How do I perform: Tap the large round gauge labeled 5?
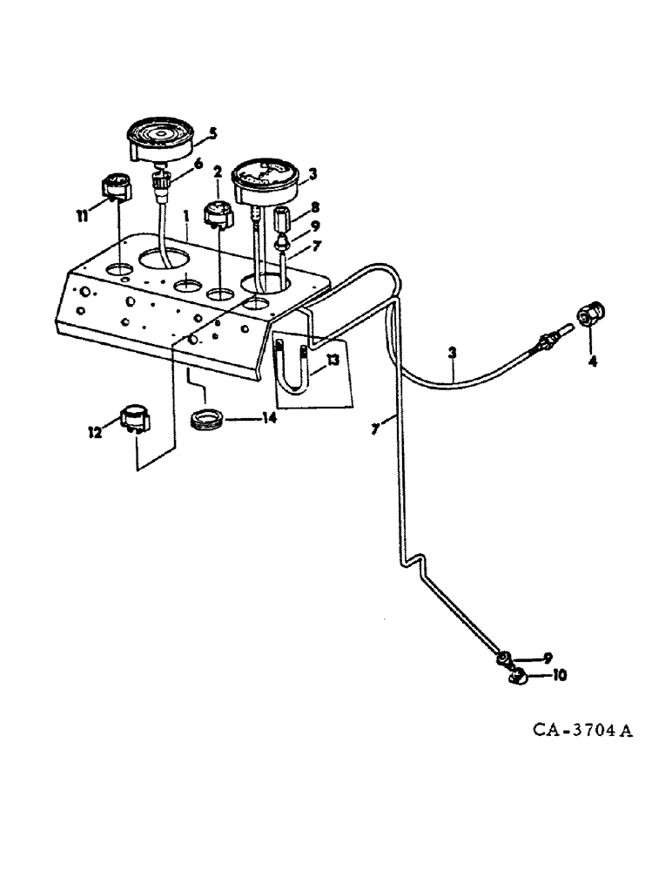click(x=161, y=139)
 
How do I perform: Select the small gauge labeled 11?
click(x=115, y=186)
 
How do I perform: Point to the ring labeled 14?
click(x=208, y=419)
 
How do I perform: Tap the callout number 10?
click(x=558, y=674)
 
